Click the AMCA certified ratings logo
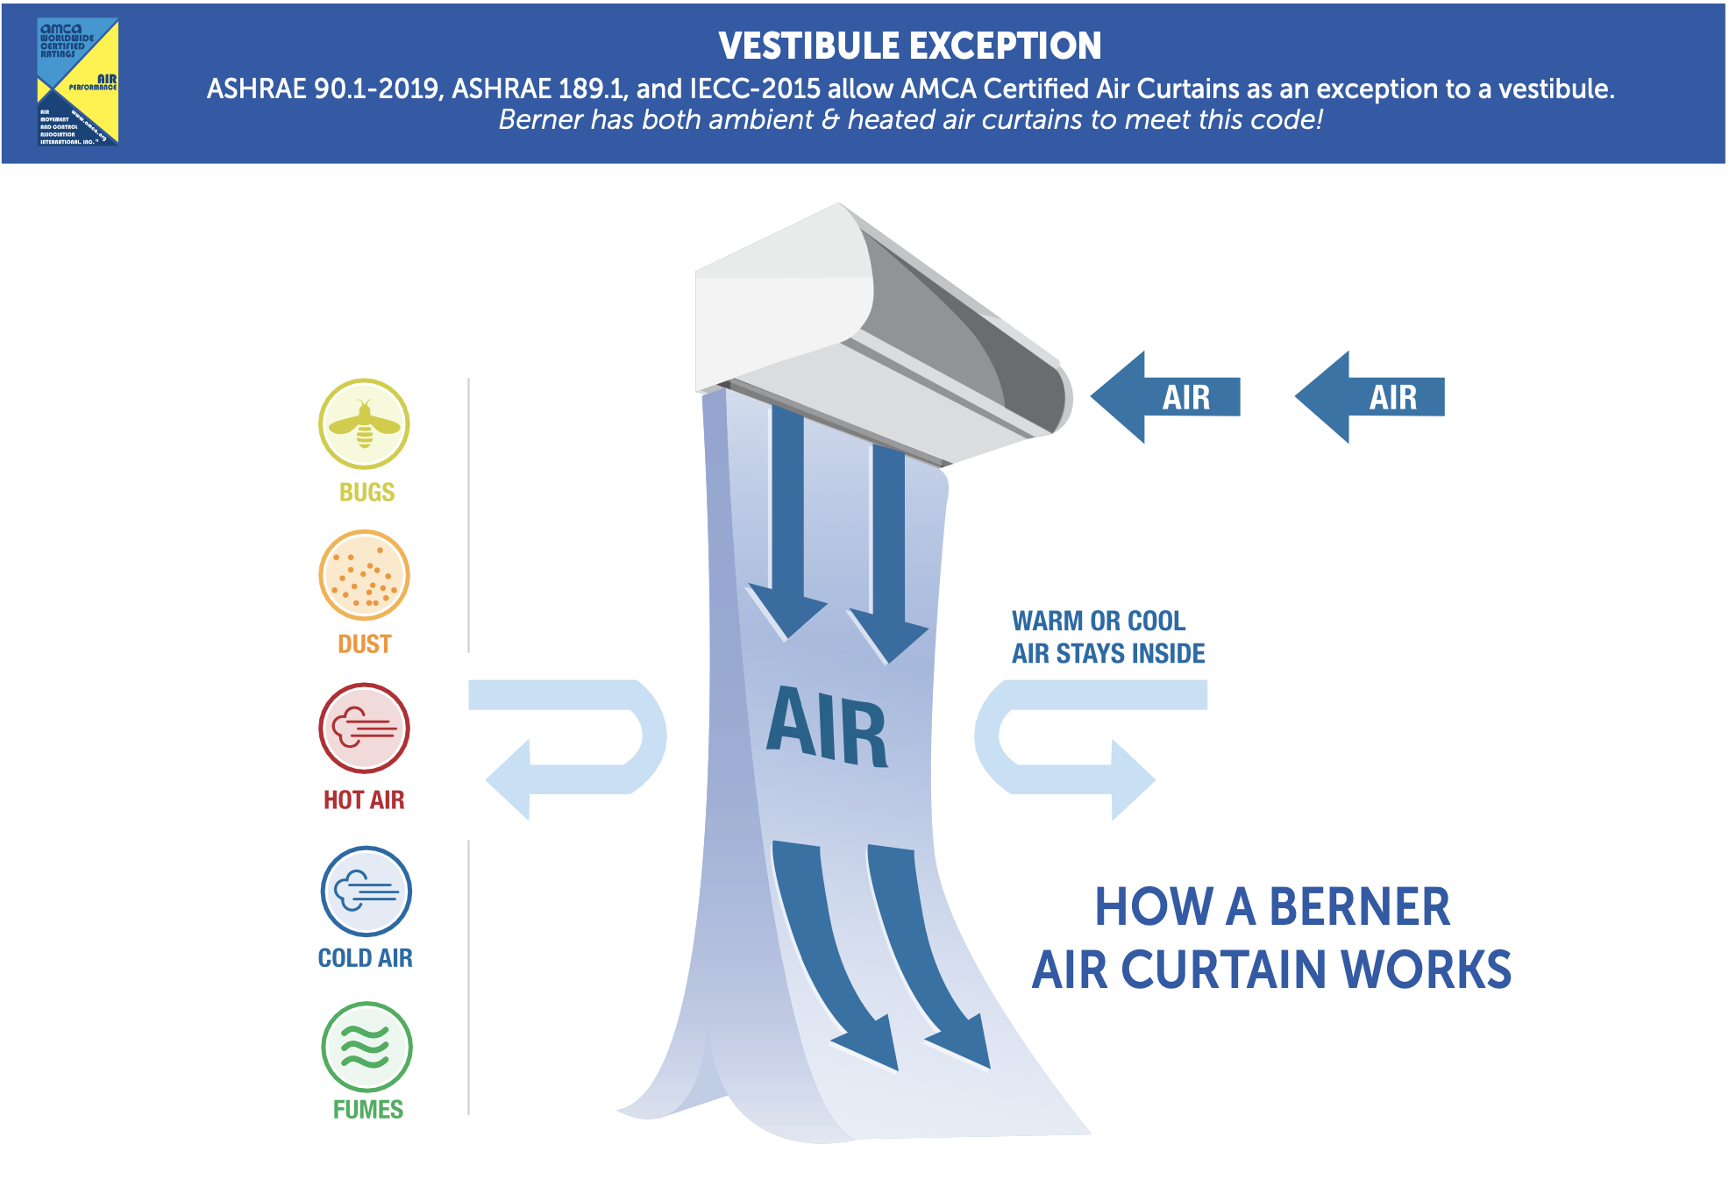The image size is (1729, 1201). (78, 82)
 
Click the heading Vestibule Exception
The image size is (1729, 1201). (909, 46)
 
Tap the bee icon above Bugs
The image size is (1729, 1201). (364, 424)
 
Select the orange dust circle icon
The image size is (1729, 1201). (364, 576)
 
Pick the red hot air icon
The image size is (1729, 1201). (364, 728)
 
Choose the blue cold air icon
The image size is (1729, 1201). (366, 892)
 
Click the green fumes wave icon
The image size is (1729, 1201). (366, 1047)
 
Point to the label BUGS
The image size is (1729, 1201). (366, 493)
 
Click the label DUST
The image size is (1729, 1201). (364, 644)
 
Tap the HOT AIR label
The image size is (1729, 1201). (364, 799)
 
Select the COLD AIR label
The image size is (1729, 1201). (365, 958)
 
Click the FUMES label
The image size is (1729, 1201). (367, 1110)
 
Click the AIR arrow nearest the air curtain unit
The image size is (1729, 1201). (1167, 397)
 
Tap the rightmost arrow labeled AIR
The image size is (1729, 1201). (1371, 397)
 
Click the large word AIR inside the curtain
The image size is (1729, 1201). (828, 727)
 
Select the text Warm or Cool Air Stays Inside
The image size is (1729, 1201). (1108, 637)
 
